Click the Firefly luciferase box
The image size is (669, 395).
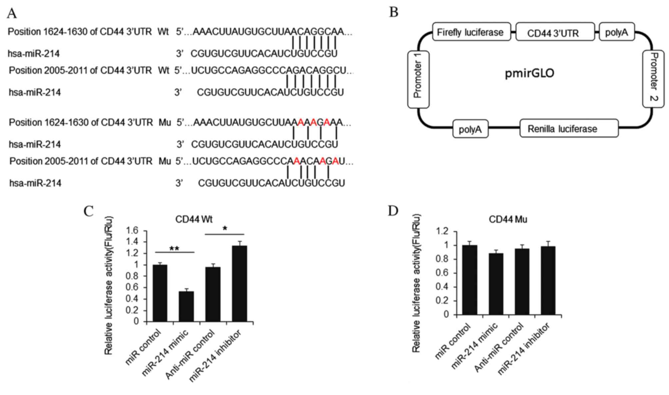471,32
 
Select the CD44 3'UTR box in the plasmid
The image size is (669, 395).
555,32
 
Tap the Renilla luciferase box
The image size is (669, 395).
569,129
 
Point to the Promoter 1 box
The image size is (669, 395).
418,79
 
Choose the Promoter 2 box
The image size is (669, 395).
653,79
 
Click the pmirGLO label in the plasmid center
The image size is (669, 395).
529,73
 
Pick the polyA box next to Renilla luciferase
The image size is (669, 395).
470,129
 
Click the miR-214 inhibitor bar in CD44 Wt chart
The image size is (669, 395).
240,283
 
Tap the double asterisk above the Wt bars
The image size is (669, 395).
174,248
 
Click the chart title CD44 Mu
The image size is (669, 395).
508,219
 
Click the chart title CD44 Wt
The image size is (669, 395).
194,219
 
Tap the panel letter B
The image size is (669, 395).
393,13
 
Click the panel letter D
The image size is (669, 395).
393,210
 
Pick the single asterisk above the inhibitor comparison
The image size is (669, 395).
225,229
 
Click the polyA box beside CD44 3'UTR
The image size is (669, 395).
616,32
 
